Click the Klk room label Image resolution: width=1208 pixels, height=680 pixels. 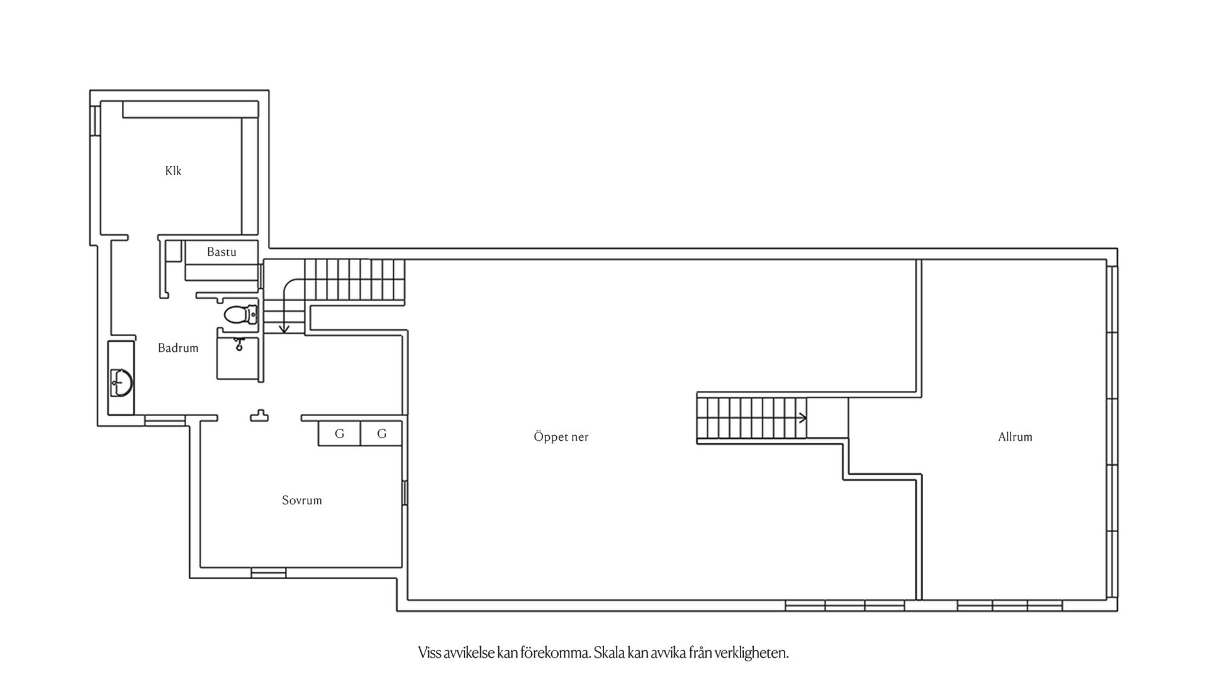[173, 171]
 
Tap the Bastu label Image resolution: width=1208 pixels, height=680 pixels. [221, 252]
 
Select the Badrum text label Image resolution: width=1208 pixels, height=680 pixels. [178, 348]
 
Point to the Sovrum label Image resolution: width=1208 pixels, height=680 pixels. [302, 501]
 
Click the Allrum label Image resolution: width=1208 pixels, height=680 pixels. [1015, 436]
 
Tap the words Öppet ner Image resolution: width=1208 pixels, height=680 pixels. [561, 436]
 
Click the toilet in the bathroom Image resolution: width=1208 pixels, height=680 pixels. [240, 314]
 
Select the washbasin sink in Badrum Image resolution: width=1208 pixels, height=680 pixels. [121, 383]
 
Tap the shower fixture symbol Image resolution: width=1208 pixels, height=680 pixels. [239, 344]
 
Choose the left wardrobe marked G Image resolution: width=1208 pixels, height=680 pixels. [339, 434]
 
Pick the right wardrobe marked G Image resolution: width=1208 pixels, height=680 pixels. [381, 434]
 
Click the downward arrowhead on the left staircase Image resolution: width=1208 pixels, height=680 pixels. [284, 329]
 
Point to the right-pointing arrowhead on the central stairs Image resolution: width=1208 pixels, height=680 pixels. [803, 417]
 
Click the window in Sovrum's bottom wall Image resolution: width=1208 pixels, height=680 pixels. [269, 573]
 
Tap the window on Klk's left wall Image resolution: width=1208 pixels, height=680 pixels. [95, 120]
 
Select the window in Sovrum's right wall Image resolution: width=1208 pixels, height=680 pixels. [405, 492]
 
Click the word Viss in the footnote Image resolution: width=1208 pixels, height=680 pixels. [430, 652]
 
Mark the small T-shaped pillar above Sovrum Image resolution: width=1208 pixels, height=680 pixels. [259, 416]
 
